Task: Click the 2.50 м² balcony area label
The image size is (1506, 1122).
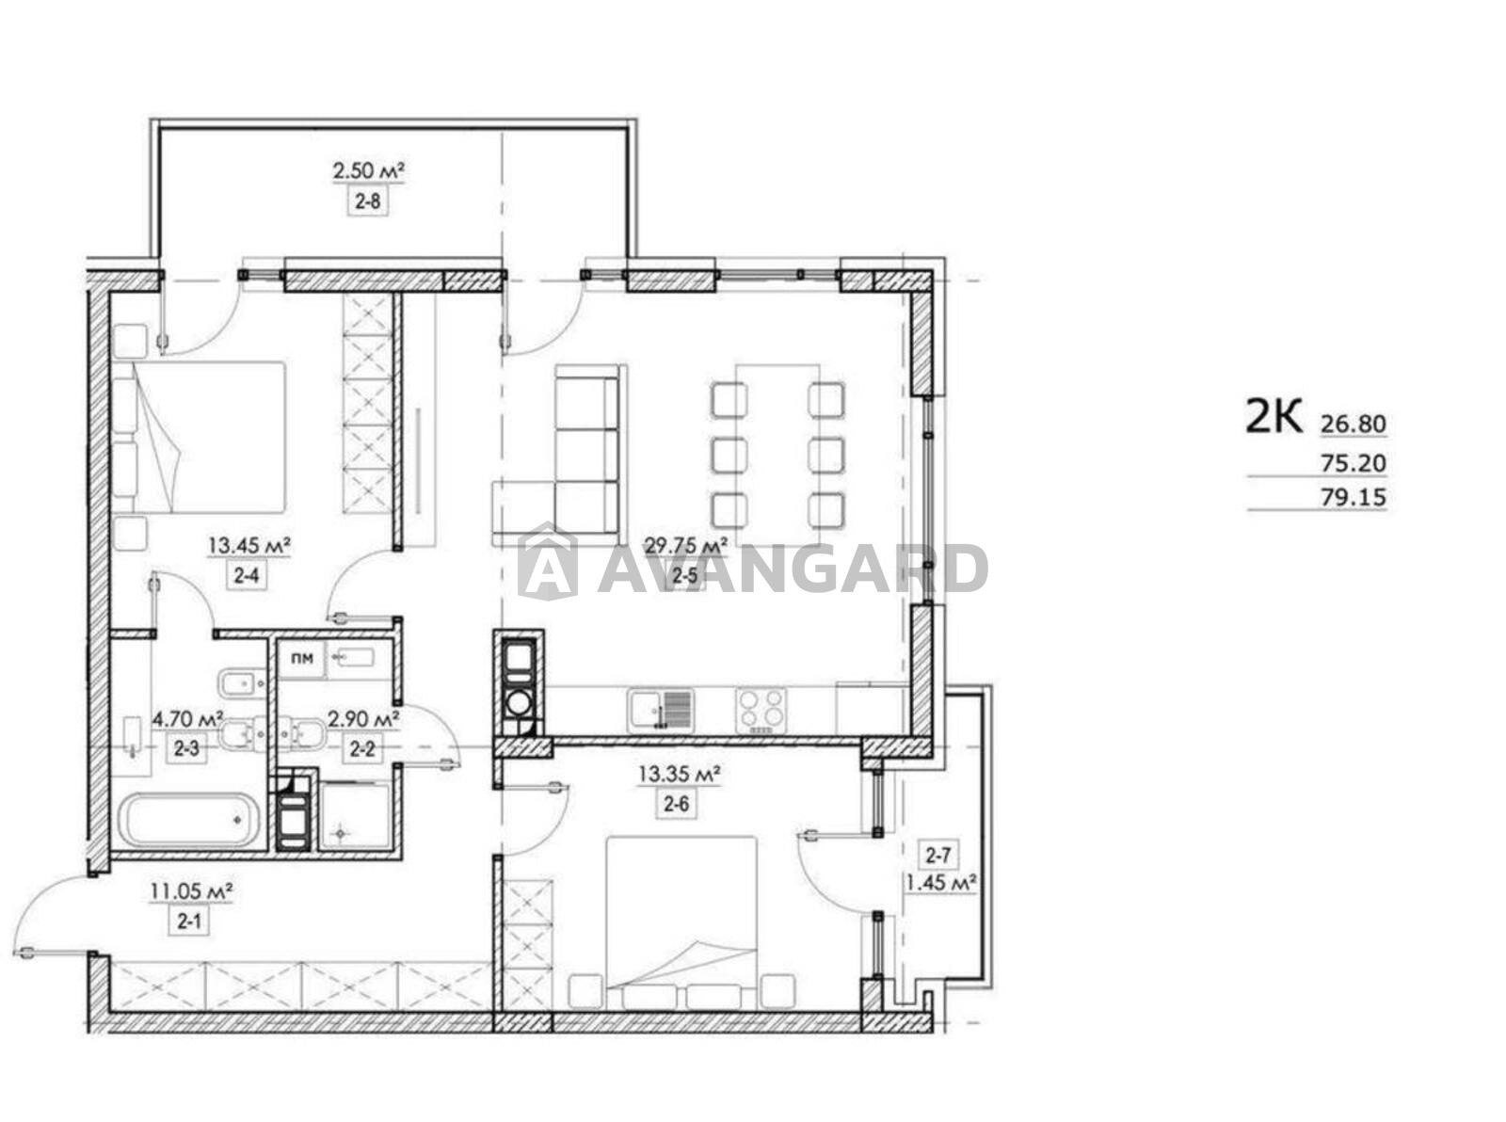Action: [x=368, y=170]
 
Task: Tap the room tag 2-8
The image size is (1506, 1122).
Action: [x=368, y=201]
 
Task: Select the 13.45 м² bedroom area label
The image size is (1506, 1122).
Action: [x=249, y=545]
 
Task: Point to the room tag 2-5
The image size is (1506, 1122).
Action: [x=685, y=577]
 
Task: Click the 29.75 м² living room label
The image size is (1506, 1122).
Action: [x=685, y=545]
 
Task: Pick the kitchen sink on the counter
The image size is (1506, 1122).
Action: [x=660, y=711]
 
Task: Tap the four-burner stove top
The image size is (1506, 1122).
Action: [x=760, y=711]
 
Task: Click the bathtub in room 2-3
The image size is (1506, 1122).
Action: [x=189, y=821]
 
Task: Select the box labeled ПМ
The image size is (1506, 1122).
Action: [x=302, y=658]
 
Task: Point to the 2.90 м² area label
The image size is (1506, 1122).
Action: [x=362, y=718]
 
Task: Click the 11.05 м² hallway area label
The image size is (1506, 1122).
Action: [x=192, y=891]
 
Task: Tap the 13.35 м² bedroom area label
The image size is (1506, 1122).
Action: [x=679, y=774]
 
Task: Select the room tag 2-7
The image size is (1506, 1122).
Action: [x=937, y=858]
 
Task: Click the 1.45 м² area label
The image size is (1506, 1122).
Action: [x=941, y=884]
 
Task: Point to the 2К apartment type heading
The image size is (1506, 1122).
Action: [x=1274, y=416]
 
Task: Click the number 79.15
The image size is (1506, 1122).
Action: [x=1353, y=498]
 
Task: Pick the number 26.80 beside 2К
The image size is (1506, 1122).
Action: [x=1353, y=425]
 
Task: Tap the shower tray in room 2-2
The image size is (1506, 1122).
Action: [x=354, y=815]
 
